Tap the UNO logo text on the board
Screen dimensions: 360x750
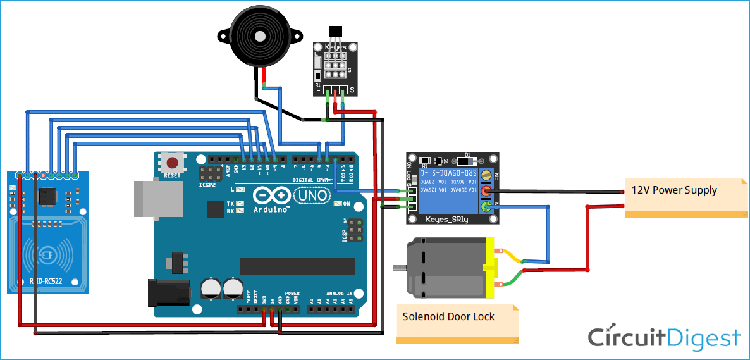click(x=313, y=196)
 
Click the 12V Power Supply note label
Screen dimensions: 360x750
click(x=674, y=190)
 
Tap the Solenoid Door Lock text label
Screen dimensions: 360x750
click(x=448, y=316)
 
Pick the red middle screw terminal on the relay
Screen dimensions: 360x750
click(x=486, y=191)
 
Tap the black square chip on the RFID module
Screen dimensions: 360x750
click(x=47, y=197)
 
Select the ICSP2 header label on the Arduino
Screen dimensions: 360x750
click(x=207, y=187)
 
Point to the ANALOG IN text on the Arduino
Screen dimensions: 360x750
click(x=339, y=294)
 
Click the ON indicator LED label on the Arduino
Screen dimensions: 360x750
click(x=347, y=204)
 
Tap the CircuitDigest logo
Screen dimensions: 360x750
click(x=663, y=338)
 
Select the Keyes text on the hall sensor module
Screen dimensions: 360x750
click(x=335, y=47)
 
